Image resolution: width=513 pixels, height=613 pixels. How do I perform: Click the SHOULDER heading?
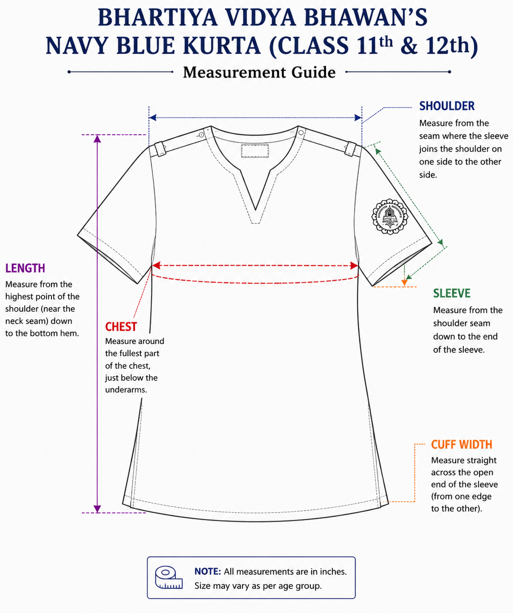[x=447, y=106]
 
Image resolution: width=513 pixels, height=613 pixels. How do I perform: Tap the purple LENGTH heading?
[x=25, y=268]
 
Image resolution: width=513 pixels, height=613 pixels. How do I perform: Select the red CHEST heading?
[x=121, y=327]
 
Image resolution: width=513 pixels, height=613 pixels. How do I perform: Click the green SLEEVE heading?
[x=452, y=293]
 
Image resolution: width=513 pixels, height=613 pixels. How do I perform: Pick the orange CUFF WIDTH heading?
[x=462, y=445]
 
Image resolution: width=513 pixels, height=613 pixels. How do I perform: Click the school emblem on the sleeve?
[x=390, y=217]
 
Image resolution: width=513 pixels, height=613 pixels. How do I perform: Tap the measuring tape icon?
[x=169, y=577]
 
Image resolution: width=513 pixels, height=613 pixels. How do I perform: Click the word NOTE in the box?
[x=208, y=571]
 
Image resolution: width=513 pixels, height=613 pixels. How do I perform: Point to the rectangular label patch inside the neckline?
[x=255, y=151]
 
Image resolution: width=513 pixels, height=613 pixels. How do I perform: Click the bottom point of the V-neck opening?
[x=255, y=210]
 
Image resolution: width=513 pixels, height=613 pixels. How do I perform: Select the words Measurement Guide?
[x=259, y=72]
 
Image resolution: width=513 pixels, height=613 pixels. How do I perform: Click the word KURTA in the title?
[x=222, y=46]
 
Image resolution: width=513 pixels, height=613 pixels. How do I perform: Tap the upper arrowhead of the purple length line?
[x=98, y=139]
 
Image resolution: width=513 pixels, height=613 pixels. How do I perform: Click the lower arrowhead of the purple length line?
[x=98, y=509]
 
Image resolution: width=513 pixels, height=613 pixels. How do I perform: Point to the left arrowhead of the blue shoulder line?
[x=153, y=118]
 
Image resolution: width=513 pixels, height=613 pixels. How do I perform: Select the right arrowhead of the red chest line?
[x=354, y=266]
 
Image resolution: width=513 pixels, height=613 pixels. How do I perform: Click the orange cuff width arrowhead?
[x=404, y=282]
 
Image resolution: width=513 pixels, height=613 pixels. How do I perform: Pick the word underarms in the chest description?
[x=126, y=390]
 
